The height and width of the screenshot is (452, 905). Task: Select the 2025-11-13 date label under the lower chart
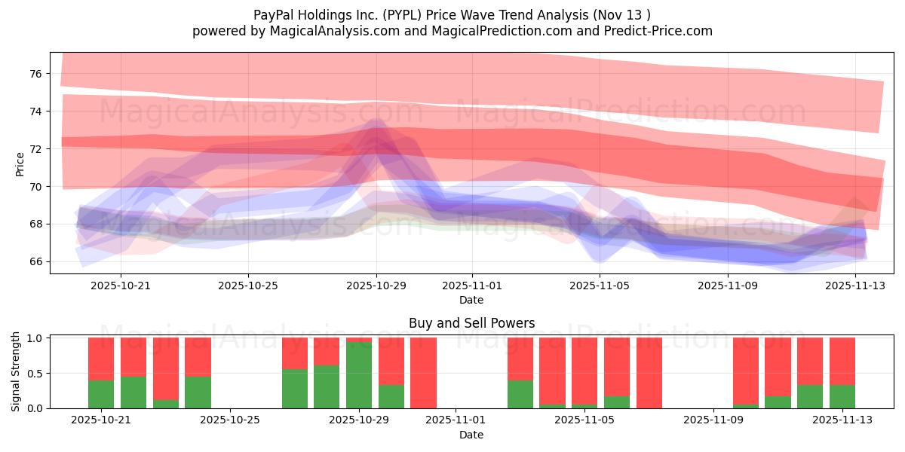click(x=842, y=420)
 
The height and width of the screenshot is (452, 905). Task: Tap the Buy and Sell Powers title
click(x=471, y=323)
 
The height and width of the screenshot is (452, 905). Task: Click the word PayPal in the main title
click(x=275, y=14)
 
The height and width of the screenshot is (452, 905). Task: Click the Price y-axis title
click(x=20, y=163)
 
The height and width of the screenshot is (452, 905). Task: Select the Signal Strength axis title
click(x=16, y=372)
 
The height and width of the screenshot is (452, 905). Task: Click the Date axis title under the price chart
click(x=471, y=300)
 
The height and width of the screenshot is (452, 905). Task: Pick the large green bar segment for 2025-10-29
click(x=359, y=375)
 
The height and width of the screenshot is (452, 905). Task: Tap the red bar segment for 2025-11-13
click(x=842, y=361)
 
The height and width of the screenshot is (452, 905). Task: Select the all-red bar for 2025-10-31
click(x=423, y=373)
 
